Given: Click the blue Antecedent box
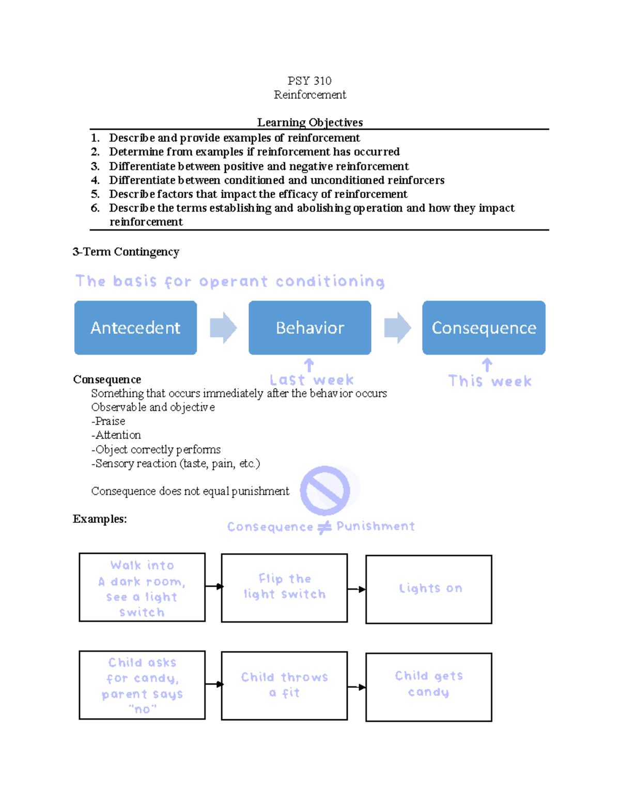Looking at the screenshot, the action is (x=135, y=327).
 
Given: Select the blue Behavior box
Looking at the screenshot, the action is (x=310, y=327).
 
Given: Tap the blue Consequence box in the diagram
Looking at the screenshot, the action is (x=484, y=327).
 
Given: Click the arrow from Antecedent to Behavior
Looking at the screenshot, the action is (x=223, y=328).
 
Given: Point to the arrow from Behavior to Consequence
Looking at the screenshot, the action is (x=397, y=328).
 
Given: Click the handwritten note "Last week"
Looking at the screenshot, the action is (x=312, y=380).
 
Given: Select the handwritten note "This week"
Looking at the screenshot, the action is (x=490, y=381).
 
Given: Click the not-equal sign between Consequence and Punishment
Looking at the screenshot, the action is (x=324, y=527).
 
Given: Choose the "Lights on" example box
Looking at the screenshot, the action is (x=429, y=589).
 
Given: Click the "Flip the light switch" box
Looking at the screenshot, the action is (x=284, y=587).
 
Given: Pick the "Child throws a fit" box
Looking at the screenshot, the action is (x=284, y=686).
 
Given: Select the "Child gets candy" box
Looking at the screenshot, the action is (x=429, y=687).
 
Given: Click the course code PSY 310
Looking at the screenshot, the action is (x=309, y=81).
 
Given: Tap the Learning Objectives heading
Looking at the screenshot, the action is (x=310, y=123).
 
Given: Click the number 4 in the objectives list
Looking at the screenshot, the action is (x=95, y=180).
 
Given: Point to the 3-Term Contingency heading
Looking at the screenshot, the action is (x=126, y=252).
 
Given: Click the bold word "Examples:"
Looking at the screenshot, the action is (x=100, y=519).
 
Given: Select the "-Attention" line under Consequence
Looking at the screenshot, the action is (x=116, y=435).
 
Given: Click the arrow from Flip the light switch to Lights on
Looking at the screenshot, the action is (x=357, y=589).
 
